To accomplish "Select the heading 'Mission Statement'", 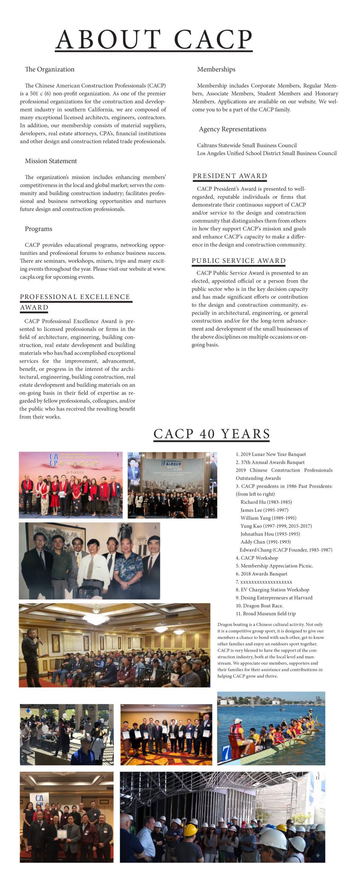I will pyautogui.click(x=51, y=161).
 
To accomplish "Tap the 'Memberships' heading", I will pyautogui.click(x=216, y=69).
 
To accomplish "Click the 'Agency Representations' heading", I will pyautogui.click(x=233, y=129).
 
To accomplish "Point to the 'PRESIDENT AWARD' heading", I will pyautogui.click(x=230, y=176).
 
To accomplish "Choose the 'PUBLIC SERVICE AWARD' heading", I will pyautogui.click(x=239, y=261).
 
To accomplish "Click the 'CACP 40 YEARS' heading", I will pyautogui.click(x=211, y=434).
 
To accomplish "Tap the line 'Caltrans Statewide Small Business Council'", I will pyautogui.click(x=247, y=145).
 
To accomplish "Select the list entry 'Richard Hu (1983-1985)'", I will pyautogui.click(x=266, y=502).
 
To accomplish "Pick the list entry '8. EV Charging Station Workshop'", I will pyautogui.click(x=272, y=590).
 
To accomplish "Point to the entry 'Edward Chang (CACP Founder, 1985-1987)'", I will pyautogui.click(x=286, y=550).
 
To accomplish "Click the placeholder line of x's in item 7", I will pyautogui.click(x=266, y=582).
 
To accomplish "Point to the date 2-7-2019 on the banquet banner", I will pyautogui.click(x=73, y=472).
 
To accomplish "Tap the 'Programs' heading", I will pyautogui.click(x=38, y=229).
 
